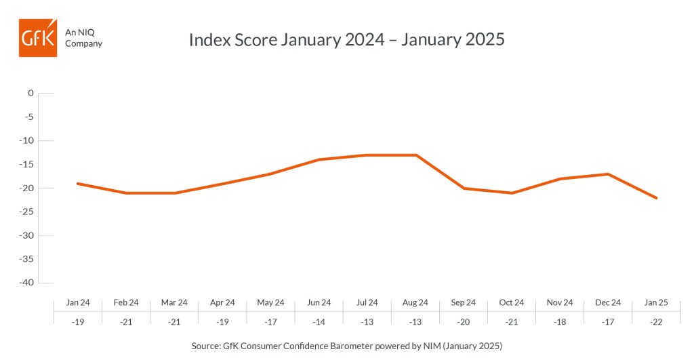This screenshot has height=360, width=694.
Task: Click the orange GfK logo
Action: pyautogui.click(x=38, y=38)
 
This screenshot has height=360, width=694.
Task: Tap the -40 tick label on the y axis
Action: pyautogui.click(x=26, y=283)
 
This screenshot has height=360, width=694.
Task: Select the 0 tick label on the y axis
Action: pyautogui.click(x=30, y=93)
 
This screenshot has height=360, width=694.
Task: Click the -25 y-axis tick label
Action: pyautogui.click(x=26, y=212)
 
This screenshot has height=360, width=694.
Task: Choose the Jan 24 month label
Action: pyautogui.click(x=78, y=302)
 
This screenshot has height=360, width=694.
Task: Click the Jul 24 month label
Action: pyautogui.click(x=367, y=302)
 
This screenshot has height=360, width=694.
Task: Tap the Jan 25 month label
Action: pyautogui.click(x=656, y=302)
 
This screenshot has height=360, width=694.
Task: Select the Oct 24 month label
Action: pyautogui.click(x=511, y=302)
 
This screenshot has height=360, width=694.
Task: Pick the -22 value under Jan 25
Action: pyautogui.click(x=656, y=322)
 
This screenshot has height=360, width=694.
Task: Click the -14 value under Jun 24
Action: pyautogui.click(x=319, y=322)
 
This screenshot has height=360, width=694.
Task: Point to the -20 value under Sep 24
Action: pyautogui.click(x=464, y=322)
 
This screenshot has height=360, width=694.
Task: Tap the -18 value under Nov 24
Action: pyautogui.click(x=559, y=322)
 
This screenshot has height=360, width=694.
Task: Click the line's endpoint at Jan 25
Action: pyautogui.click(x=656, y=198)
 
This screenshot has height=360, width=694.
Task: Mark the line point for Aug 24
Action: pyautogui.click(x=415, y=155)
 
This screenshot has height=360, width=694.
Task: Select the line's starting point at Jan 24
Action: pyautogui.click(x=77, y=183)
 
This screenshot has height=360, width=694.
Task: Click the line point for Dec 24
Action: pyautogui.click(x=608, y=174)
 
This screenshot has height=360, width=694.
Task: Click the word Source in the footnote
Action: pyautogui.click(x=205, y=346)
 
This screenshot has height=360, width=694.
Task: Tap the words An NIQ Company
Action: pyautogui.click(x=83, y=38)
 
